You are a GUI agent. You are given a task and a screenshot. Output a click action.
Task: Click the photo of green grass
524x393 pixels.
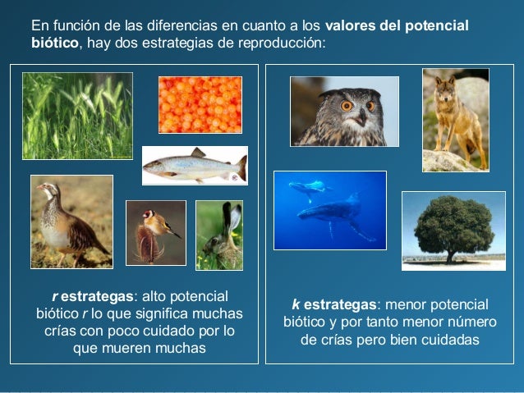coord(77,116)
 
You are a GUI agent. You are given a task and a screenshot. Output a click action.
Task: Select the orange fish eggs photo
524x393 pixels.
coord(200,104)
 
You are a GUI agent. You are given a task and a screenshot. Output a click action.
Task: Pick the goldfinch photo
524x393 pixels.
coord(156,232)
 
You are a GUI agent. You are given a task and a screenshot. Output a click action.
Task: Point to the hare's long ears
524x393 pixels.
coord(232,217)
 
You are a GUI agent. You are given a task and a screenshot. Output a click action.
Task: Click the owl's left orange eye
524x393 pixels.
coord(347,105)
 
